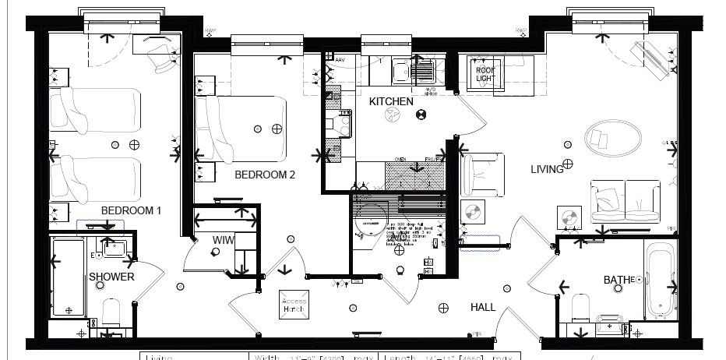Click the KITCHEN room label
click(391, 102)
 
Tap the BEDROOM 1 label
click(131, 210)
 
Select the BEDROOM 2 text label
click(265, 175)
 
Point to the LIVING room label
click(547, 169)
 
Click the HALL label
click(483, 308)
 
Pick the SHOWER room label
click(111, 277)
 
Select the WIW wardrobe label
click(224, 240)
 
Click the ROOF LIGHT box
click(485, 75)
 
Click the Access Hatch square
click(294, 305)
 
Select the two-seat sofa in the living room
click(625, 201)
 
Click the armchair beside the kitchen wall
click(482, 175)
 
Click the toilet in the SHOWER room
click(111, 313)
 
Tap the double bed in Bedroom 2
click(241, 129)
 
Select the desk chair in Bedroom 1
click(164, 56)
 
